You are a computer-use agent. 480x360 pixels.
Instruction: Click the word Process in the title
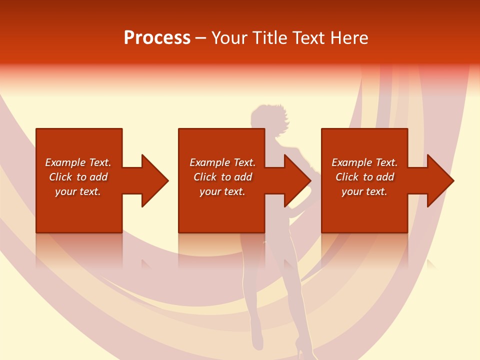coord(157,38)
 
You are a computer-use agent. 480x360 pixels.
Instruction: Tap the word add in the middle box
coord(243,177)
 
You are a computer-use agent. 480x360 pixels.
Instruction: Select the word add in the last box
coord(385,177)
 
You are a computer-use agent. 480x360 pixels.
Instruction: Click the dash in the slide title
coord(201,38)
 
